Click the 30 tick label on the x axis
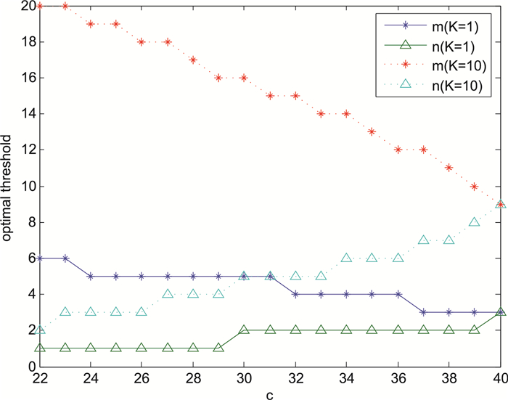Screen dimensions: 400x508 click(245, 377)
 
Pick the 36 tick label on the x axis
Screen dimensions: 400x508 click(398, 377)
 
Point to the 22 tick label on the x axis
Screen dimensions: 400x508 click(40, 377)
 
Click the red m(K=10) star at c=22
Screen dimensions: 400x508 click(40, 6)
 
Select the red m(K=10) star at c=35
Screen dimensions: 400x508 click(372, 132)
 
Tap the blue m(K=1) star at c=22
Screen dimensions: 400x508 click(40, 258)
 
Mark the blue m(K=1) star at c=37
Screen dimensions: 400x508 click(424, 312)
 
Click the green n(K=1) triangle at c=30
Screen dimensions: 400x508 click(245, 330)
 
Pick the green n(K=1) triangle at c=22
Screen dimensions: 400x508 click(40, 348)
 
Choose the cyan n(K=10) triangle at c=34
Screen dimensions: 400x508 click(347, 258)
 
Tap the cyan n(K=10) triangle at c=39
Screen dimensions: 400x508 click(475, 222)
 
